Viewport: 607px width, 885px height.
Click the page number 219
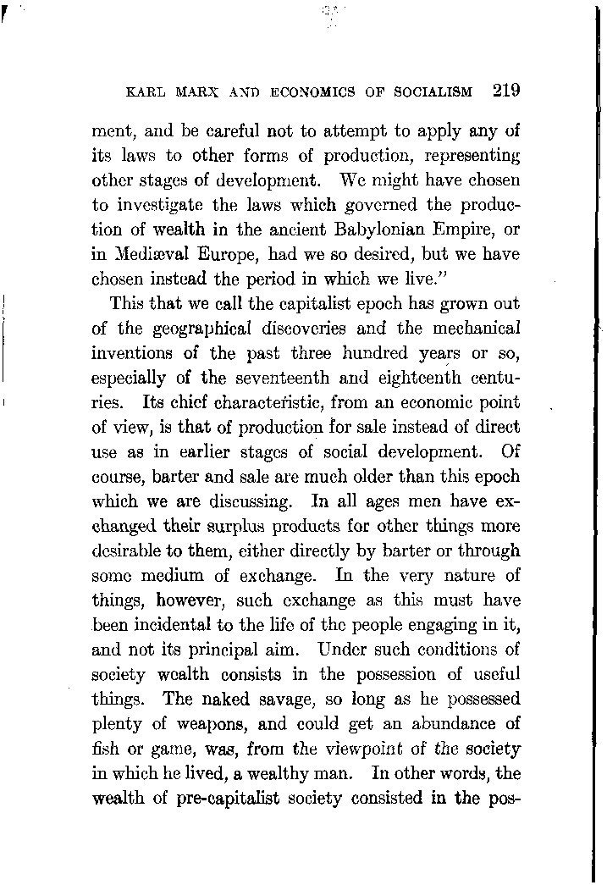click(502, 91)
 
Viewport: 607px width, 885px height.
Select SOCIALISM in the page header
click(430, 92)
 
